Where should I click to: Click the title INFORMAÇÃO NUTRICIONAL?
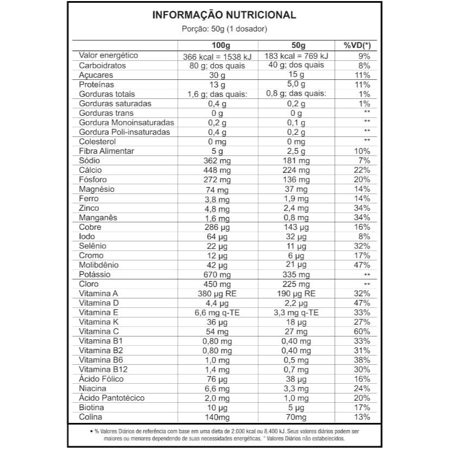click(x=224, y=15)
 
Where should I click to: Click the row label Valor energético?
click(x=109, y=55)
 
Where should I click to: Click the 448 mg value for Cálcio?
click(x=217, y=170)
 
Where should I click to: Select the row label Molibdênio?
click(x=100, y=265)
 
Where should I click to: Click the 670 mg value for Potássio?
click(x=217, y=275)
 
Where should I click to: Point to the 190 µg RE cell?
click(x=296, y=294)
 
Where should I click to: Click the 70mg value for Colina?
click(x=296, y=417)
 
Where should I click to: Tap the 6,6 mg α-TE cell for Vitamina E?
click(x=217, y=313)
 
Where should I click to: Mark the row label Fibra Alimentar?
click(x=107, y=151)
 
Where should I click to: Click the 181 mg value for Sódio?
click(x=296, y=161)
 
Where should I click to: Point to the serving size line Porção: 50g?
click(x=224, y=29)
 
